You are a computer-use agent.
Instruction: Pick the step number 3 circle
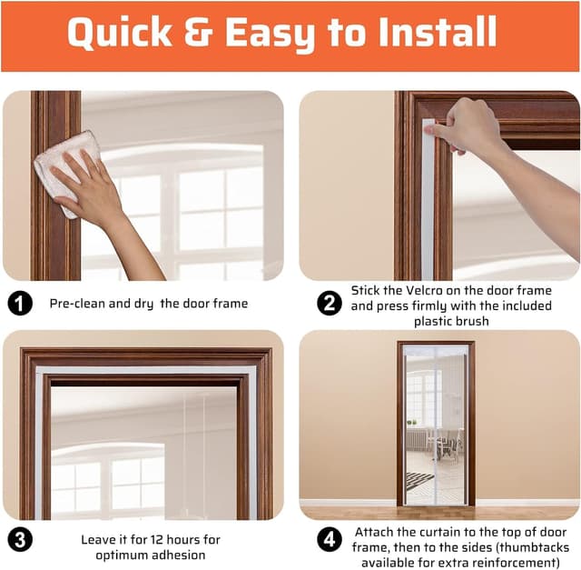coord(20,539)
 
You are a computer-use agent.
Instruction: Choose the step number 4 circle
coord(330,539)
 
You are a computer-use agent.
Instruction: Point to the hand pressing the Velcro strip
coord(467,127)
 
